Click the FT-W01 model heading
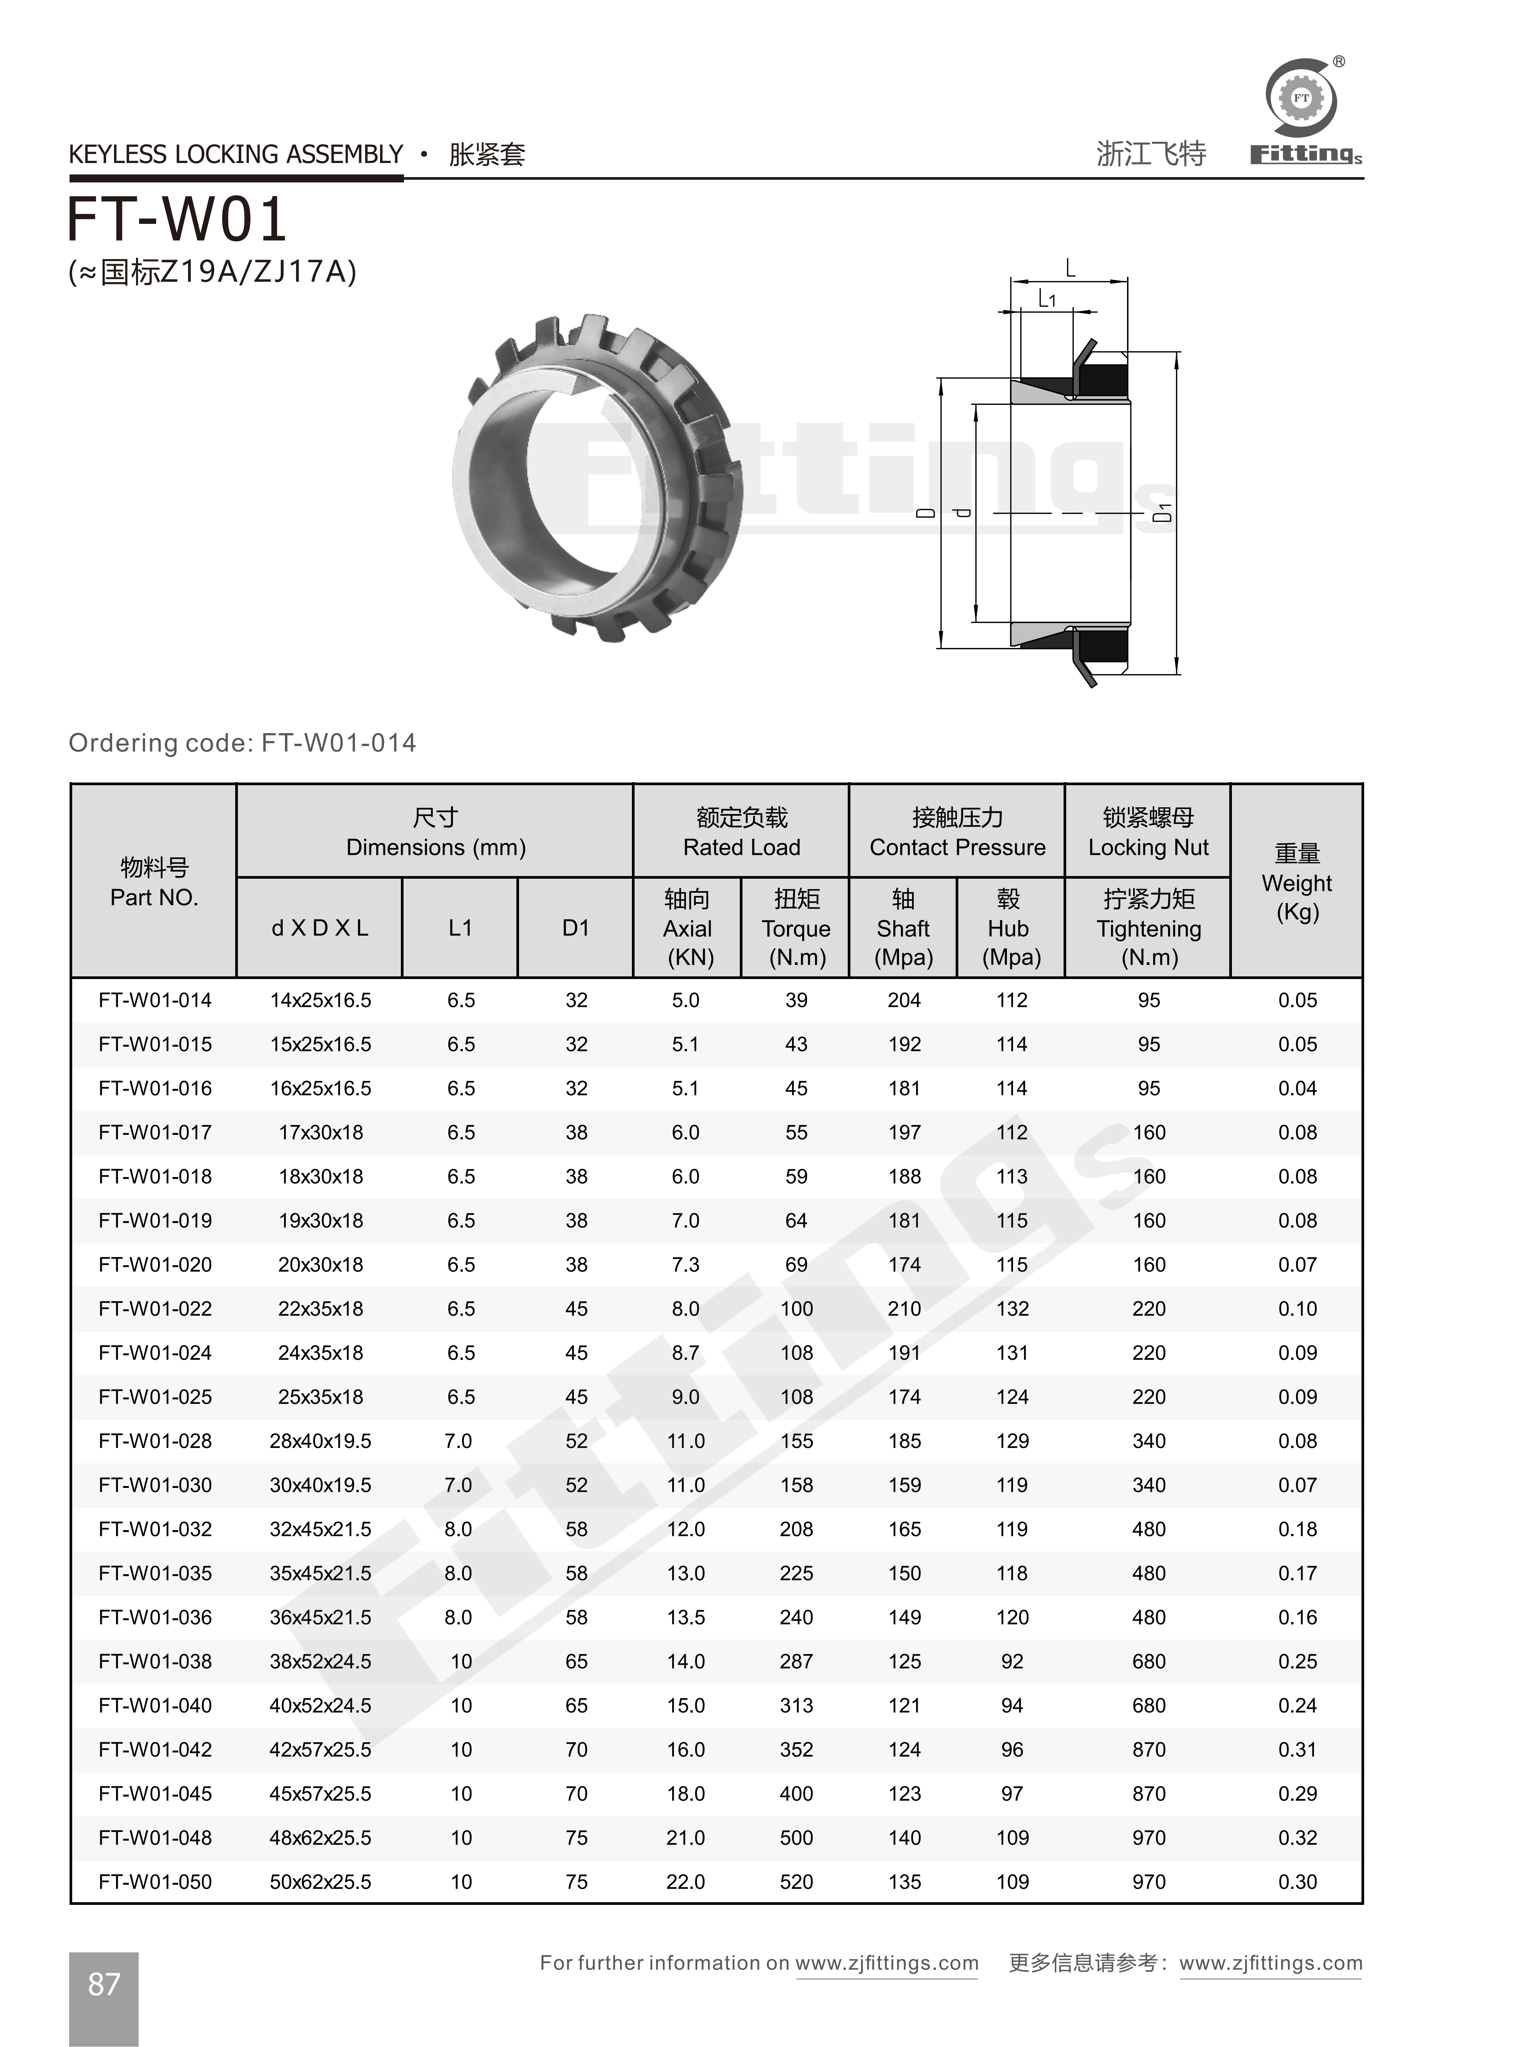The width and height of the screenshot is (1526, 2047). click(x=177, y=220)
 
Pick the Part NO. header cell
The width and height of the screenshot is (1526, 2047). click(x=154, y=882)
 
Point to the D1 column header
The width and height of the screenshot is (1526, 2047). click(x=576, y=927)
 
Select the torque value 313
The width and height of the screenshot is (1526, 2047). click(x=796, y=1705)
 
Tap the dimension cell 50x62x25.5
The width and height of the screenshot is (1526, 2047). click(x=321, y=1882)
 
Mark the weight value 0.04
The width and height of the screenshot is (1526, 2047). click(x=1297, y=1088)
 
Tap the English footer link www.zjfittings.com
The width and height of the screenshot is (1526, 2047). click(x=887, y=1963)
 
